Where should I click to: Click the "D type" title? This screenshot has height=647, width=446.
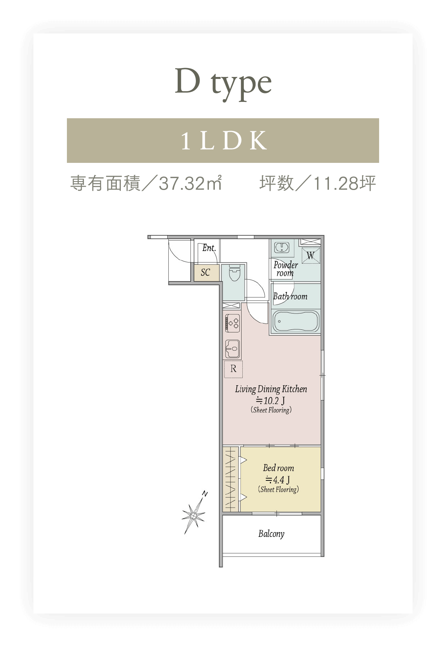click(x=223, y=84)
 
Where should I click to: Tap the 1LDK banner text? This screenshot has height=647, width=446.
click(x=224, y=141)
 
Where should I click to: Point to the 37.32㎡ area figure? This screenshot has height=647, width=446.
click(x=190, y=183)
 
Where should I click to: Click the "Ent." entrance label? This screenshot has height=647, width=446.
click(x=209, y=248)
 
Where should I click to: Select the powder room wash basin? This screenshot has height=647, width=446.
click(x=282, y=247)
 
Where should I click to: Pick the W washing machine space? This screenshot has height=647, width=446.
click(x=310, y=255)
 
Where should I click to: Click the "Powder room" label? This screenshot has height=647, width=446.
click(x=285, y=269)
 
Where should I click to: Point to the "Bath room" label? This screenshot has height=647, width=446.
click(x=290, y=296)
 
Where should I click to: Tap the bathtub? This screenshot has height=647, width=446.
click(x=296, y=322)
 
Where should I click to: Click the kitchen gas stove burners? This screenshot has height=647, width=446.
click(x=233, y=323)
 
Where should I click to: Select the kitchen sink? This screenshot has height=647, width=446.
click(x=233, y=349)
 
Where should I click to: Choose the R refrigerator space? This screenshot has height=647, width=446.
click(x=233, y=369)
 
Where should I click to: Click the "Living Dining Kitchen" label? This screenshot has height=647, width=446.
click(x=271, y=389)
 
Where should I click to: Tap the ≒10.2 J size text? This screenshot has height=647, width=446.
click(x=270, y=401)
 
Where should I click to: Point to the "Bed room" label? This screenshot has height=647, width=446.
click(x=278, y=468)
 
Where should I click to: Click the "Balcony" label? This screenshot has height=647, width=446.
click(x=271, y=534)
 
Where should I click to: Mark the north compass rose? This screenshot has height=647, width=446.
click(x=194, y=515)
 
